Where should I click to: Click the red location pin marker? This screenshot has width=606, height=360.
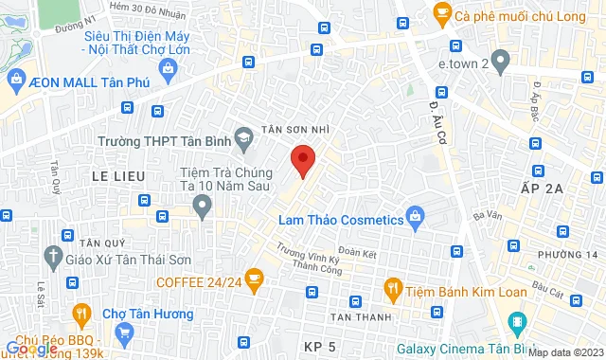pos(302,160)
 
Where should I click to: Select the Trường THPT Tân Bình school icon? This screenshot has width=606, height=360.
pos(244,140)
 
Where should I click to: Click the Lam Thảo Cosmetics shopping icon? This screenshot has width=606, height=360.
pos(415,219)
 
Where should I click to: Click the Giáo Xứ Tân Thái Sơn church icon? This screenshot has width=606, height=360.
pos(52,256)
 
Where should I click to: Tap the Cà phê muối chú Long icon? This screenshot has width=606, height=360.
pos(440,14)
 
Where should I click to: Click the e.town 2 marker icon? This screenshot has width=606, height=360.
pos(502,63)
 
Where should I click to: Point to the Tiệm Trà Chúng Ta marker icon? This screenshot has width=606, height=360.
pos(201,206)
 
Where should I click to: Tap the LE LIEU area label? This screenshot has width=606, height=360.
pos(117,176)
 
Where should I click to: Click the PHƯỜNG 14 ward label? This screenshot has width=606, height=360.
pos(569,255)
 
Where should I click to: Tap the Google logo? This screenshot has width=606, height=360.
pos(31,349)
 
